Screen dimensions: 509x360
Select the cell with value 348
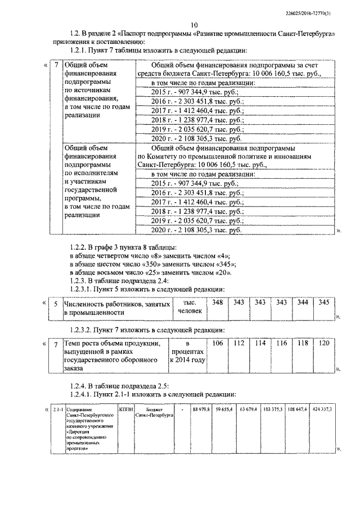(217, 303)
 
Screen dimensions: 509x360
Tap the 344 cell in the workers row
(303, 303)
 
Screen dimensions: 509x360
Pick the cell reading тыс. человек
(188, 307)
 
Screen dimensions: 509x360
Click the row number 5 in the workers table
(55, 304)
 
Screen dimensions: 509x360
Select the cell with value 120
(323, 343)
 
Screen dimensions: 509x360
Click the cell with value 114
(260, 343)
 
